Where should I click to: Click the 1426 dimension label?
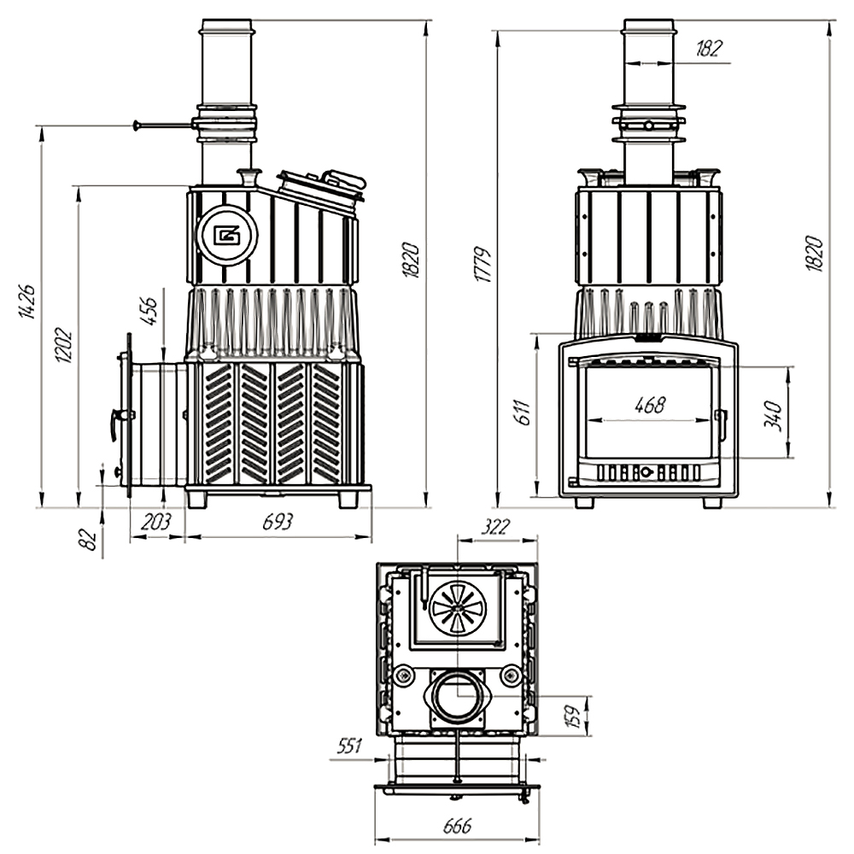(27, 301)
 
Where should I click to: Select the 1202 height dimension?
(64, 345)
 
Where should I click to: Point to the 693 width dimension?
(278, 522)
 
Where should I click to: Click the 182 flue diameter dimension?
(709, 49)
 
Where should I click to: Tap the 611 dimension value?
(524, 412)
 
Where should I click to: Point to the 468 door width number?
(650, 405)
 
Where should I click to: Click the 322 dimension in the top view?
(496, 527)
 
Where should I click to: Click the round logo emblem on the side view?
(226, 235)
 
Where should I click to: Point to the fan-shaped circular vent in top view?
(458, 608)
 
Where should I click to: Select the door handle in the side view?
(117, 421)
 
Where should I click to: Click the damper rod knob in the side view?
(136, 126)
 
